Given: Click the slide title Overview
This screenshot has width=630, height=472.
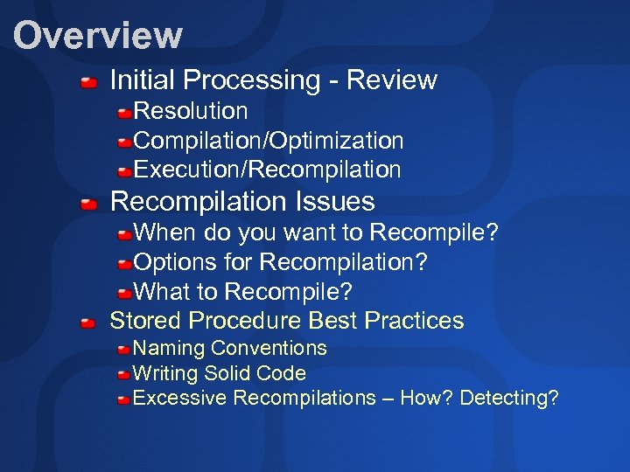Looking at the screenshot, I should pyautogui.click(x=97, y=36).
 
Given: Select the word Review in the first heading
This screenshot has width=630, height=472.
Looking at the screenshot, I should pyautogui.click(x=391, y=80).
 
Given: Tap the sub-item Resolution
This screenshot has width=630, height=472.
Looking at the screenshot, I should pyautogui.click(x=191, y=112).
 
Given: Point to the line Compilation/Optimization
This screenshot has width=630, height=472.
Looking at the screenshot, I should pyautogui.click(x=269, y=141).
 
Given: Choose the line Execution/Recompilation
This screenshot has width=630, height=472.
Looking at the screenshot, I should pyautogui.click(x=267, y=170).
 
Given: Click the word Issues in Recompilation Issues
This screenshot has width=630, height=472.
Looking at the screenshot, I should pyautogui.click(x=336, y=202).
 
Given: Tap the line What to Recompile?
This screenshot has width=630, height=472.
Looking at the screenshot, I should pyautogui.click(x=242, y=291).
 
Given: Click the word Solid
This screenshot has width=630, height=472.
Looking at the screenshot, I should pyautogui.click(x=227, y=373).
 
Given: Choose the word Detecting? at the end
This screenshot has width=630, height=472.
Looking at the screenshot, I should pyautogui.click(x=508, y=399).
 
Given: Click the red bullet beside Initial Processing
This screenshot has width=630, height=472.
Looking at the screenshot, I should pyautogui.click(x=88, y=84).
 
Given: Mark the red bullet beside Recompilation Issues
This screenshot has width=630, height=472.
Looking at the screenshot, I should pyautogui.click(x=88, y=205).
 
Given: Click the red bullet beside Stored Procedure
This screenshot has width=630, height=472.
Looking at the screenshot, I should pyautogui.click(x=88, y=323).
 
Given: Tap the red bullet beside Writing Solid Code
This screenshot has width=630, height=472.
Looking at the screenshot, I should pyautogui.click(x=124, y=375).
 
